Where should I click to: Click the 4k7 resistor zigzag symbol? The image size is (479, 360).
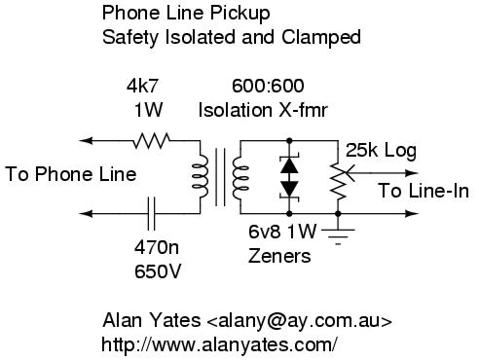pyautogui.click(x=152, y=140)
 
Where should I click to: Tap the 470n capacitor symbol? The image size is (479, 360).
pyautogui.click(x=151, y=213)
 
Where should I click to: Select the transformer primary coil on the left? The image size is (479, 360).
pyautogui.click(x=201, y=177)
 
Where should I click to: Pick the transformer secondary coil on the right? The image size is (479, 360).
pyautogui.click(x=240, y=177)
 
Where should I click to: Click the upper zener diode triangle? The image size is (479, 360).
pyautogui.click(x=289, y=165)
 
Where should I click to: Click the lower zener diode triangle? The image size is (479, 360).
pyautogui.click(x=289, y=188)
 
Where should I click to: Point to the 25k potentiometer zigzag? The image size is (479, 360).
pyautogui.click(x=338, y=181)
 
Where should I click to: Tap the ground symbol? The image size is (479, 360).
pyautogui.click(x=338, y=236)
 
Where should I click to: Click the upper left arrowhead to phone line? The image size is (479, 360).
pyautogui.click(x=86, y=140)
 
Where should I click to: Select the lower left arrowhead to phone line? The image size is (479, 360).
pyautogui.click(x=86, y=213)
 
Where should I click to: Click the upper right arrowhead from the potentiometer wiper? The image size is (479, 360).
pyautogui.click(x=412, y=173)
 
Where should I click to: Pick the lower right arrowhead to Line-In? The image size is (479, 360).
pyautogui.click(x=412, y=213)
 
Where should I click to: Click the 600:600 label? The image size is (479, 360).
pyautogui.click(x=268, y=86)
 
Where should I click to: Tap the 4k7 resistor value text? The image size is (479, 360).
pyautogui.click(x=142, y=86)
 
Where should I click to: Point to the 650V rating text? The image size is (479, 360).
pyautogui.click(x=158, y=271)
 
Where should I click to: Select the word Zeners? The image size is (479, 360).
pyautogui.click(x=279, y=256)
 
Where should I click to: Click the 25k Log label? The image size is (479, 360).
pyautogui.click(x=381, y=151)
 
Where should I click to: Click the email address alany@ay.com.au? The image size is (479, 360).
pyautogui.click(x=299, y=321)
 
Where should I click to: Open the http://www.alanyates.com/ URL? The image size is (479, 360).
pyautogui.click(x=219, y=344)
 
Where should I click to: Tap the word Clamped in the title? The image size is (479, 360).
pyautogui.click(x=321, y=37)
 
